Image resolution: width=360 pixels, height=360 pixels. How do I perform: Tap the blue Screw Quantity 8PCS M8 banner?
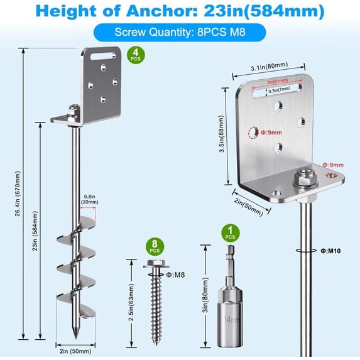pyautogui.click(x=180, y=33)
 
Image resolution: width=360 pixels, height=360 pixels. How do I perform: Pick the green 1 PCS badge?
pyautogui.click(x=231, y=233)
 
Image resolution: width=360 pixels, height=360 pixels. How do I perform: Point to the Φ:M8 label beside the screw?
pyautogui.click(x=176, y=274)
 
